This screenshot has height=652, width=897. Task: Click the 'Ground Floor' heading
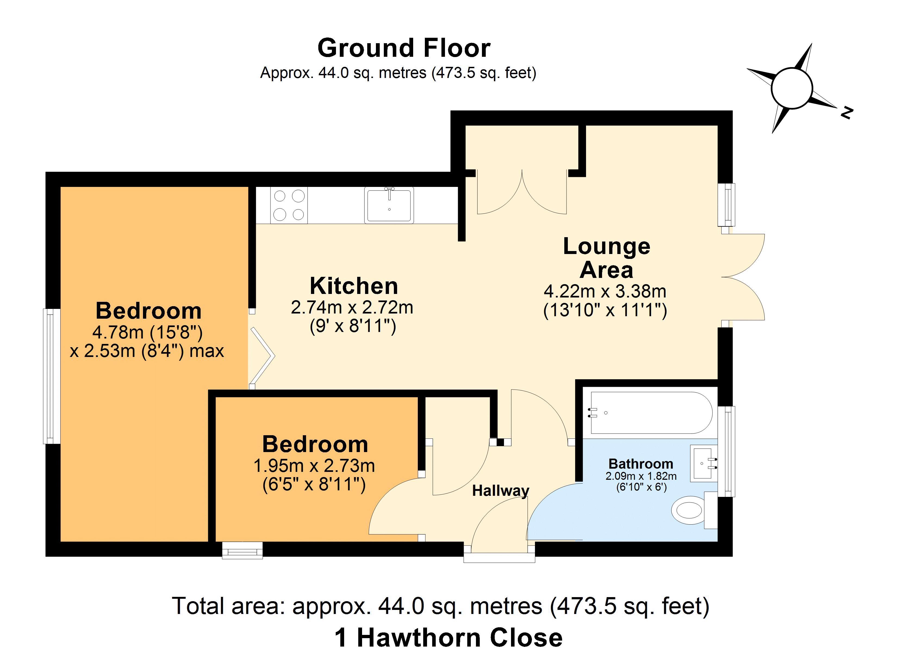point(404,48)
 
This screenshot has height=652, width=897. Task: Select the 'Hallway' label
point(501,491)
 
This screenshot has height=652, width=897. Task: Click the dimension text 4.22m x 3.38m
point(605,291)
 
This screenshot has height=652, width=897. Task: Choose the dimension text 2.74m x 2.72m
point(352,308)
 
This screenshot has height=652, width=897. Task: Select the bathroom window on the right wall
point(726,451)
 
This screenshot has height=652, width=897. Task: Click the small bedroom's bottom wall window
point(242,550)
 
